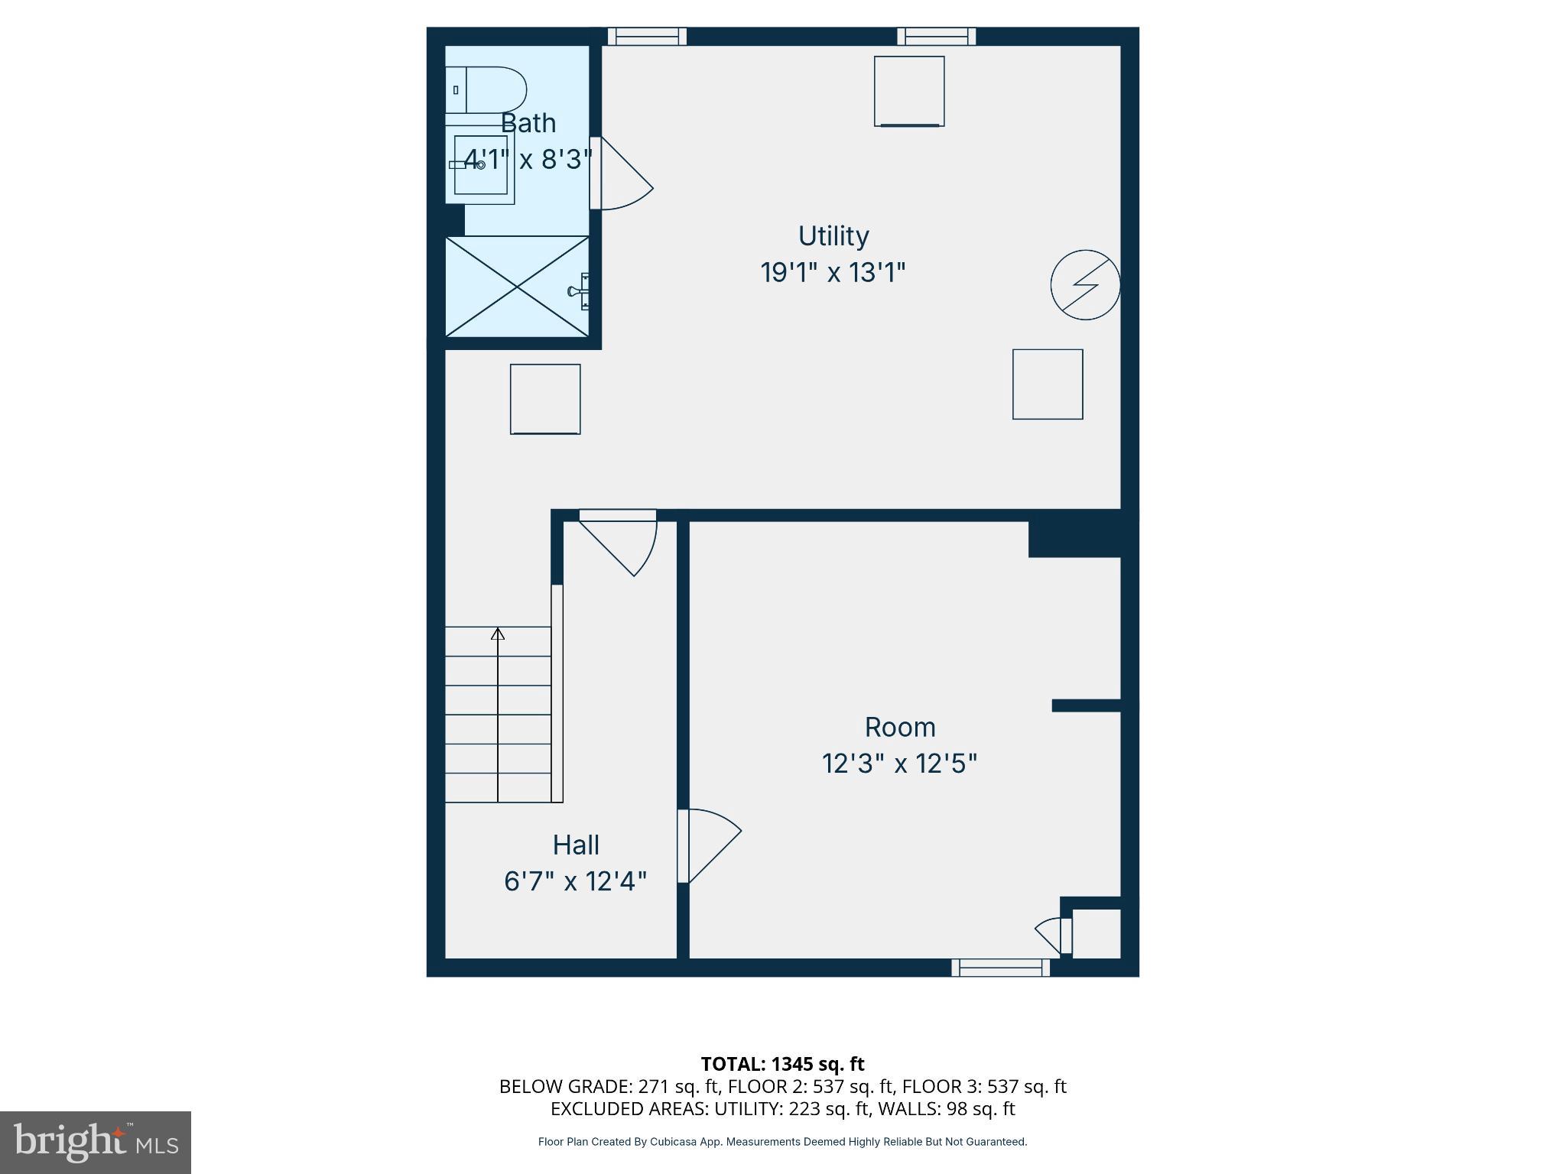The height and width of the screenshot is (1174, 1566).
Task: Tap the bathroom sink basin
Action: (x=480, y=165)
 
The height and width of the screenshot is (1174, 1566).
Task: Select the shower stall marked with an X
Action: (x=518, y=287)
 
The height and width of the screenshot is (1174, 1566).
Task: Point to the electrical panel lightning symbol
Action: (x=1085, y=284)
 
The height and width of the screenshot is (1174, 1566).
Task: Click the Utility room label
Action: (x=833, y=235)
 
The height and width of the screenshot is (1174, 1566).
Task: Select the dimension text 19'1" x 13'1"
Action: (x=833, y=272)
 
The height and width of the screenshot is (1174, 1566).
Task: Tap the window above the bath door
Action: (x=647, y=36)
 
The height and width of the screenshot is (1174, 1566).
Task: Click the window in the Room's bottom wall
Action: (x=1000, y=968)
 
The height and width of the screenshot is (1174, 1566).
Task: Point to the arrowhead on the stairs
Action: (x=498, y=633)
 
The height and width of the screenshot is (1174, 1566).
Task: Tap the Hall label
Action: (x=576, y=845)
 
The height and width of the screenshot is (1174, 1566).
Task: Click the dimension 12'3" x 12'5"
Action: (x=899, y=764)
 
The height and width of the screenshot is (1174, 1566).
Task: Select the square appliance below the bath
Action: (x=545, y=399)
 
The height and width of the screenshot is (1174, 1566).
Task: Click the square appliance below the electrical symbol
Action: (x=1048, y=384)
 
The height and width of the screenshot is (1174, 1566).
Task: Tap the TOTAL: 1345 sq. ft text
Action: (x=782, y=1063)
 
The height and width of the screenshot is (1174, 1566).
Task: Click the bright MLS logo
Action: (x=96, y=1142)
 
